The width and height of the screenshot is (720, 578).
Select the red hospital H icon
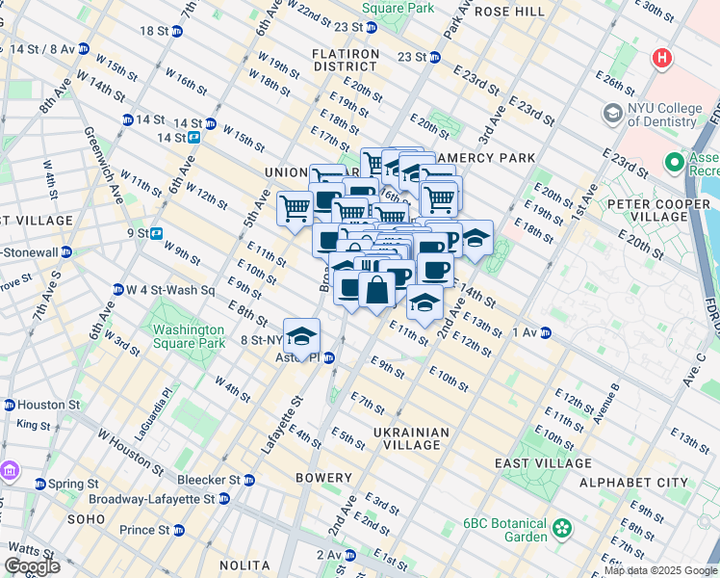(661, 59)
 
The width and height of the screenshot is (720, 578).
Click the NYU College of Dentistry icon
(612, 115)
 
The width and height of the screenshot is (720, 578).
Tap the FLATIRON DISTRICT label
(345, 60)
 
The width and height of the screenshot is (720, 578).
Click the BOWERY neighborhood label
(324, 478)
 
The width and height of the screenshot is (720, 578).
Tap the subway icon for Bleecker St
(248, 480)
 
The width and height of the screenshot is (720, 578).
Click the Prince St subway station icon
(178, 530)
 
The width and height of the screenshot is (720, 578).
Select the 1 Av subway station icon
(545, 332)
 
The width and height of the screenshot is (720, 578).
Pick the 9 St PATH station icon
(156, 232)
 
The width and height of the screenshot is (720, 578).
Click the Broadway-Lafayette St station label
(152, 499)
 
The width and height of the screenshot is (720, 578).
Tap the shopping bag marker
(376, 288)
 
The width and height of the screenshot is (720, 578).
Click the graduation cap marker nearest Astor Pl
(302, 336)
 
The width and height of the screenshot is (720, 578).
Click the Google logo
(32, 566)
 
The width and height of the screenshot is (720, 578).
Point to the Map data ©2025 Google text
(659, 570)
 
